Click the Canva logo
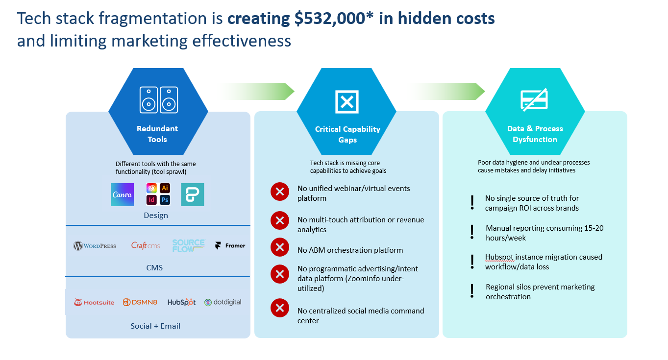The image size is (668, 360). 123,194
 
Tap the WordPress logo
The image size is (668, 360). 95,246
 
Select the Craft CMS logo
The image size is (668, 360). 146,245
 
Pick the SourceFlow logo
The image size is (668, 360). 188,246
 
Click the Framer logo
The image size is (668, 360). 230,246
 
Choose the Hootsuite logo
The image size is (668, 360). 94,303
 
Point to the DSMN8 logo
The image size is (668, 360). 140,303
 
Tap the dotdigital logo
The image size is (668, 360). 223,302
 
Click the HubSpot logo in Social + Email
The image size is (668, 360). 181,303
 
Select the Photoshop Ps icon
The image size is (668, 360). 165,200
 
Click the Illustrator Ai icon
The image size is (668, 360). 165,189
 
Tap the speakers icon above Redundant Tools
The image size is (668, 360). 158,100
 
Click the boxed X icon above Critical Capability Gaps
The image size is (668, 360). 346,102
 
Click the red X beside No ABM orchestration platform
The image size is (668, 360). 280,247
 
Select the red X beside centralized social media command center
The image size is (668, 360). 280,308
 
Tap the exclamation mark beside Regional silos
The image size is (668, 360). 472,291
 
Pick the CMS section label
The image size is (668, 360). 154,268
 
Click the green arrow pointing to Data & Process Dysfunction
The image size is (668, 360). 448,91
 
